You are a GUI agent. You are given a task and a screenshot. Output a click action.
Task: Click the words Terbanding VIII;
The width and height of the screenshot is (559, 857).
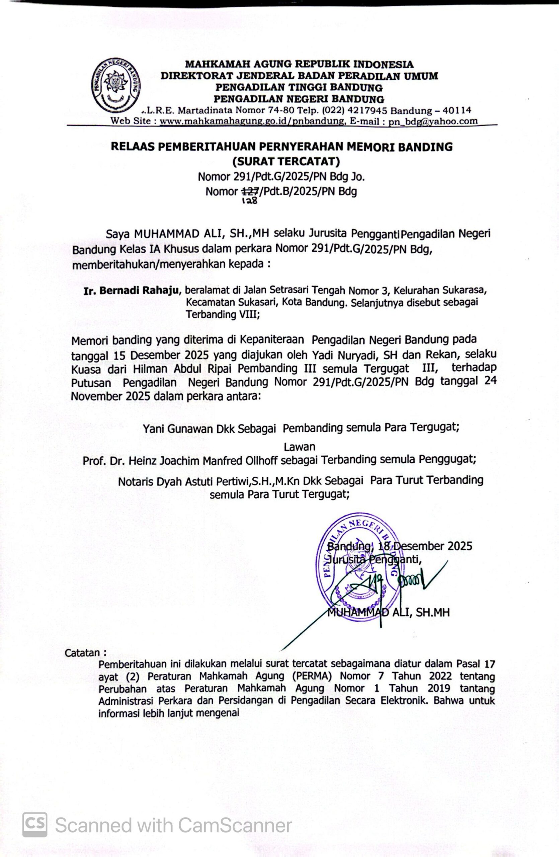[x=223, y=314]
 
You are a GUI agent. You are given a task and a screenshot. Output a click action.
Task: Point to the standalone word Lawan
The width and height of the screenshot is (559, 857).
[x=300, y=447]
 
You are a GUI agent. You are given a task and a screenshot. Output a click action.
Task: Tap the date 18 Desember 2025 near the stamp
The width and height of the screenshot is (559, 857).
[x=425, y=546]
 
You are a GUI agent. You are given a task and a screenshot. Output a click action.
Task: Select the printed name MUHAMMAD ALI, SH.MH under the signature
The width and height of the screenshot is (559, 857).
[x=388, y=613]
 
